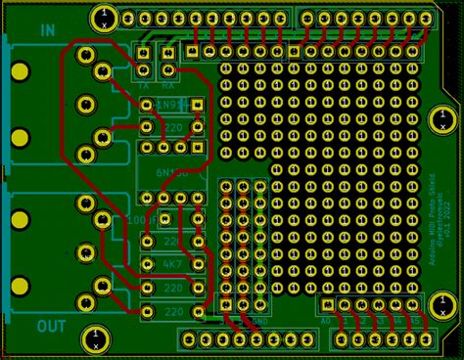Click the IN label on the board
coord(47,30)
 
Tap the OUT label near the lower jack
coord(51,326)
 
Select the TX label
coord(143,85)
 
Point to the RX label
coord(168,85)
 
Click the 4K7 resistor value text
coord(171,264)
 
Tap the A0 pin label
coord(326,321)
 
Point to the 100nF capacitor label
coord(137,220)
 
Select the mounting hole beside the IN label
coord(103,16)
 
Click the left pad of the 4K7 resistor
coord(147,264)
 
